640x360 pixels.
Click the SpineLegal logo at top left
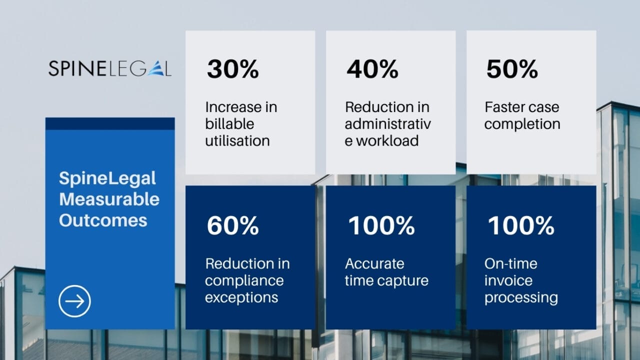click(109, 68)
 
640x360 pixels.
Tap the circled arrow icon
click(74, 301)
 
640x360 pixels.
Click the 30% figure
click(232, 69)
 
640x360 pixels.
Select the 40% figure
click(372, 69)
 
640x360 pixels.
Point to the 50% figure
click(511, 69)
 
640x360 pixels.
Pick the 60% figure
click(232, 225)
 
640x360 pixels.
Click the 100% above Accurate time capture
click(381, 225)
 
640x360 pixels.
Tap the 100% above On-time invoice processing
click(520, 225)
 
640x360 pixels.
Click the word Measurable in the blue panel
click(109, 199)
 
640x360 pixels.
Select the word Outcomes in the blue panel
click(103, 220)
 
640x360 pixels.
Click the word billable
click(229, 124)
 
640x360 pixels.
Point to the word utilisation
click(237, 140)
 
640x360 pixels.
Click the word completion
click(522, 124)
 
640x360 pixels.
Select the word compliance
click(244, 280)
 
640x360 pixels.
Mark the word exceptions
click(241, 297)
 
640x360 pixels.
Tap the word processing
click(521, 297)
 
